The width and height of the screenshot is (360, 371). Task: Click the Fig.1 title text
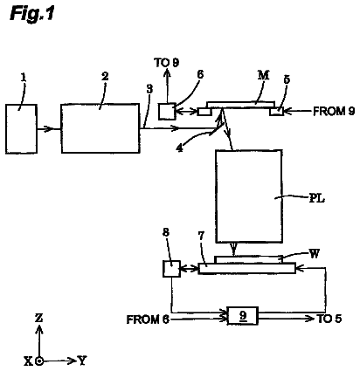[x=32, y=14]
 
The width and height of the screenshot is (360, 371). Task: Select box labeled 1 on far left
[x=21, y=128]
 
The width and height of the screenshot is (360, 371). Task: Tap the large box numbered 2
[x=100, y=128]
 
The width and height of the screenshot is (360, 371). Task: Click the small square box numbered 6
[x=167, y=111]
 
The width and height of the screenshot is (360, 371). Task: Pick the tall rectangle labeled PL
[x=249, y=196]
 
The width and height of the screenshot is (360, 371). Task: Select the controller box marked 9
[x=243, y=315]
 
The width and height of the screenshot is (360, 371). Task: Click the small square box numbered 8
[x=171, y=269]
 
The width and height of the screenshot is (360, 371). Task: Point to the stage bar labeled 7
[x=247, y=268]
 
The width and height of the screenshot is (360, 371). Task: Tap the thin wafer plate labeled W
[x=248, y=259]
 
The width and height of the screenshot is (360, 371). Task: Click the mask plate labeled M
[x=240, y=105]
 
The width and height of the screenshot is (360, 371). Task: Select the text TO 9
[x=166, y=63]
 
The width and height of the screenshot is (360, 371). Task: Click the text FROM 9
[x=334, y=111]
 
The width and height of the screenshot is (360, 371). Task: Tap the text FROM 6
[x=148, y=319]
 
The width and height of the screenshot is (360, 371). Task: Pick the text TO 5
[x=329, y=319]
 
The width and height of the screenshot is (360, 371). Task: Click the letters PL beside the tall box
[x=316, y=199]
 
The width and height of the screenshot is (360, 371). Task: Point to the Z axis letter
[x=38, y=318]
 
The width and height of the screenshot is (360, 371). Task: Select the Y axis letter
[x=82, y=361]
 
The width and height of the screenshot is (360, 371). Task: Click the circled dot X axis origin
[x=39, y=361]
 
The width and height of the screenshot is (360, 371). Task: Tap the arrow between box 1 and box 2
[x=49, y=128]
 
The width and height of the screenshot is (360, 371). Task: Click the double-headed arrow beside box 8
[x=190, y=269]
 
